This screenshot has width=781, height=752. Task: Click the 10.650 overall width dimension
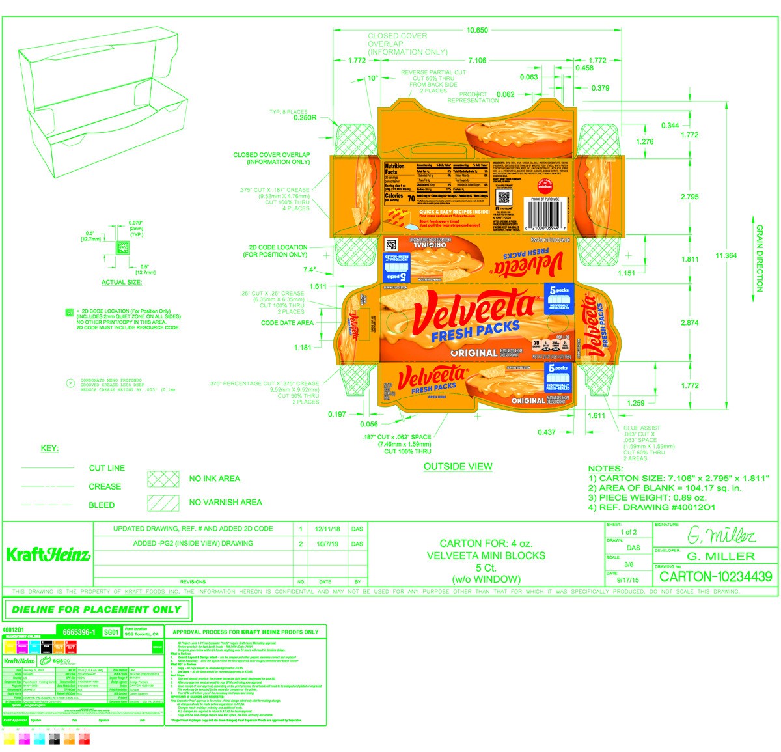point(477,30)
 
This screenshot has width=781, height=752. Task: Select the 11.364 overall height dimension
point(726,255)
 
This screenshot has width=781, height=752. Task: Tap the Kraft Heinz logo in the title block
point(48,555)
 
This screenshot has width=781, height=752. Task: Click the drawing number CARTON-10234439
point(715,576)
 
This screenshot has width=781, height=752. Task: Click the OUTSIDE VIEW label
point(458,466)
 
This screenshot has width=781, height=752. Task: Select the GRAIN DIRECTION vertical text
point(760,258)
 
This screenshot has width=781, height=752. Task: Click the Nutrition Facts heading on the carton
point(394,169)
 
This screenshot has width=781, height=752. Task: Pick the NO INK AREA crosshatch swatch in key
point(163,479)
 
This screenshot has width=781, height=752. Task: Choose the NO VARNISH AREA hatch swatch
point(163,503)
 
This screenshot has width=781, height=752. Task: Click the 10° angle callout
point(372,78)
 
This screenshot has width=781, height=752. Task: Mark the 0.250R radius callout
point(305,118)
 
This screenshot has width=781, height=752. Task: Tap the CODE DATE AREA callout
point(287,322)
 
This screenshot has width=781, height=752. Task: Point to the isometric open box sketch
point(101,104)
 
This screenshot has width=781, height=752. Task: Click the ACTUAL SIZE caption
point(121,283)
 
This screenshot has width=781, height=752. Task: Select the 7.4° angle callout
point(309,270)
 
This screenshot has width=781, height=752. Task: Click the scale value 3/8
point(629,564)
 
